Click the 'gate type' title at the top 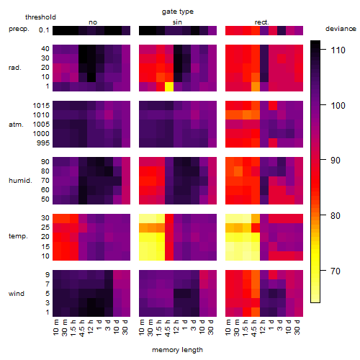178,12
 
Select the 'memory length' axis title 177,350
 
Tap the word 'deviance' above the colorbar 341,29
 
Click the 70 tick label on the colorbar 336,271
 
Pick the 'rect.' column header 262,22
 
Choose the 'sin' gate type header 177,22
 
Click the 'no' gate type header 93,22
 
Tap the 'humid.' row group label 20,181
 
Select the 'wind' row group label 17,294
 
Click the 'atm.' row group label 16,125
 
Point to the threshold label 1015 41,106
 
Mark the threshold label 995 43,143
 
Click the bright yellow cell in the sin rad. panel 169,86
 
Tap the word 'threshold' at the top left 40,17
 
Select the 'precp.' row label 19,29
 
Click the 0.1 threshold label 44,30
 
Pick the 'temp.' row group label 18,236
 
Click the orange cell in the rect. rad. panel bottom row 256,86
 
